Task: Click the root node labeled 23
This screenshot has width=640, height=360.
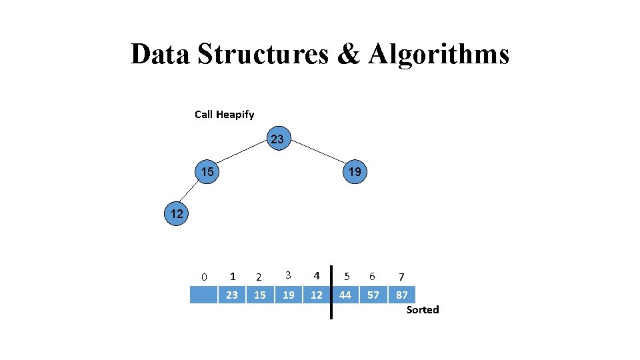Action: (277, 139)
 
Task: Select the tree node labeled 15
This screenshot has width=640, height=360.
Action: (208, 172)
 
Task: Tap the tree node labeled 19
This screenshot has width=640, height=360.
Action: (355, 172)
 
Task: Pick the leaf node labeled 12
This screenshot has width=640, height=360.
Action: (177, 214)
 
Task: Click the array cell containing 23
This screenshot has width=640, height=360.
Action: (232, 295)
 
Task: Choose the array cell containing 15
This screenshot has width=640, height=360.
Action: (260, 295)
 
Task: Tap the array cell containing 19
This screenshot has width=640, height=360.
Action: (289, 295)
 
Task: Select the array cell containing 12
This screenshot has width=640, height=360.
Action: (317, 295)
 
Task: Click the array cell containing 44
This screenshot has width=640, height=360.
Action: (345, 295)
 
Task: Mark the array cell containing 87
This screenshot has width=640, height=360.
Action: (402, 295)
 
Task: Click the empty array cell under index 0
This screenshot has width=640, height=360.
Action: (203, 295)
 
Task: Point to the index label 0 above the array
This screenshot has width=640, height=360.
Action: (204, 277)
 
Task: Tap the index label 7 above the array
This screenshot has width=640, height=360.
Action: (401, 277)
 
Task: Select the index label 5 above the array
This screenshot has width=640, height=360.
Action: (346, 275)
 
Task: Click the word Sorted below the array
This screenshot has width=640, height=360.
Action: (423, 310)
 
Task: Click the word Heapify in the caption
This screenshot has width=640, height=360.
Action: (235, 115)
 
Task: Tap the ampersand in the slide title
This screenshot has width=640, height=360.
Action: (348, 54)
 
